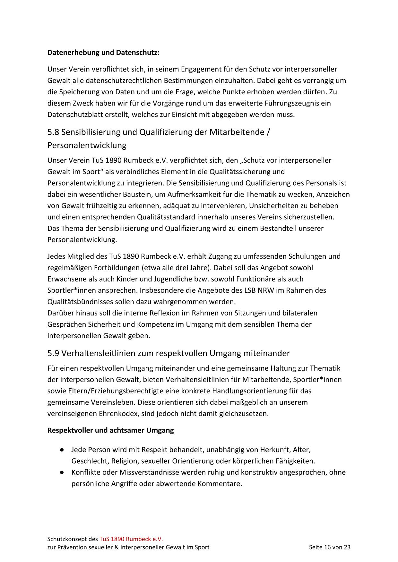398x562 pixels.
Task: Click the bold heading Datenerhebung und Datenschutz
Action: [103, 52]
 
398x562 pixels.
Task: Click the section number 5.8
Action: [53, 132]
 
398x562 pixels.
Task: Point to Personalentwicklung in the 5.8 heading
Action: [87, 145]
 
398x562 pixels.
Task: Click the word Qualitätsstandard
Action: [166, 217]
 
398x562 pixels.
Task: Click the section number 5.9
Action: [53, 353]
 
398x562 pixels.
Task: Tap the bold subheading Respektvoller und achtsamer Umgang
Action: [110, 431]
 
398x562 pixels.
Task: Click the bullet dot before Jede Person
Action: [61, 450]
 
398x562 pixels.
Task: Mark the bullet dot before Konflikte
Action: [61, 472]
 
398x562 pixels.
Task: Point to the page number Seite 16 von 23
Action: [330, 547]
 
